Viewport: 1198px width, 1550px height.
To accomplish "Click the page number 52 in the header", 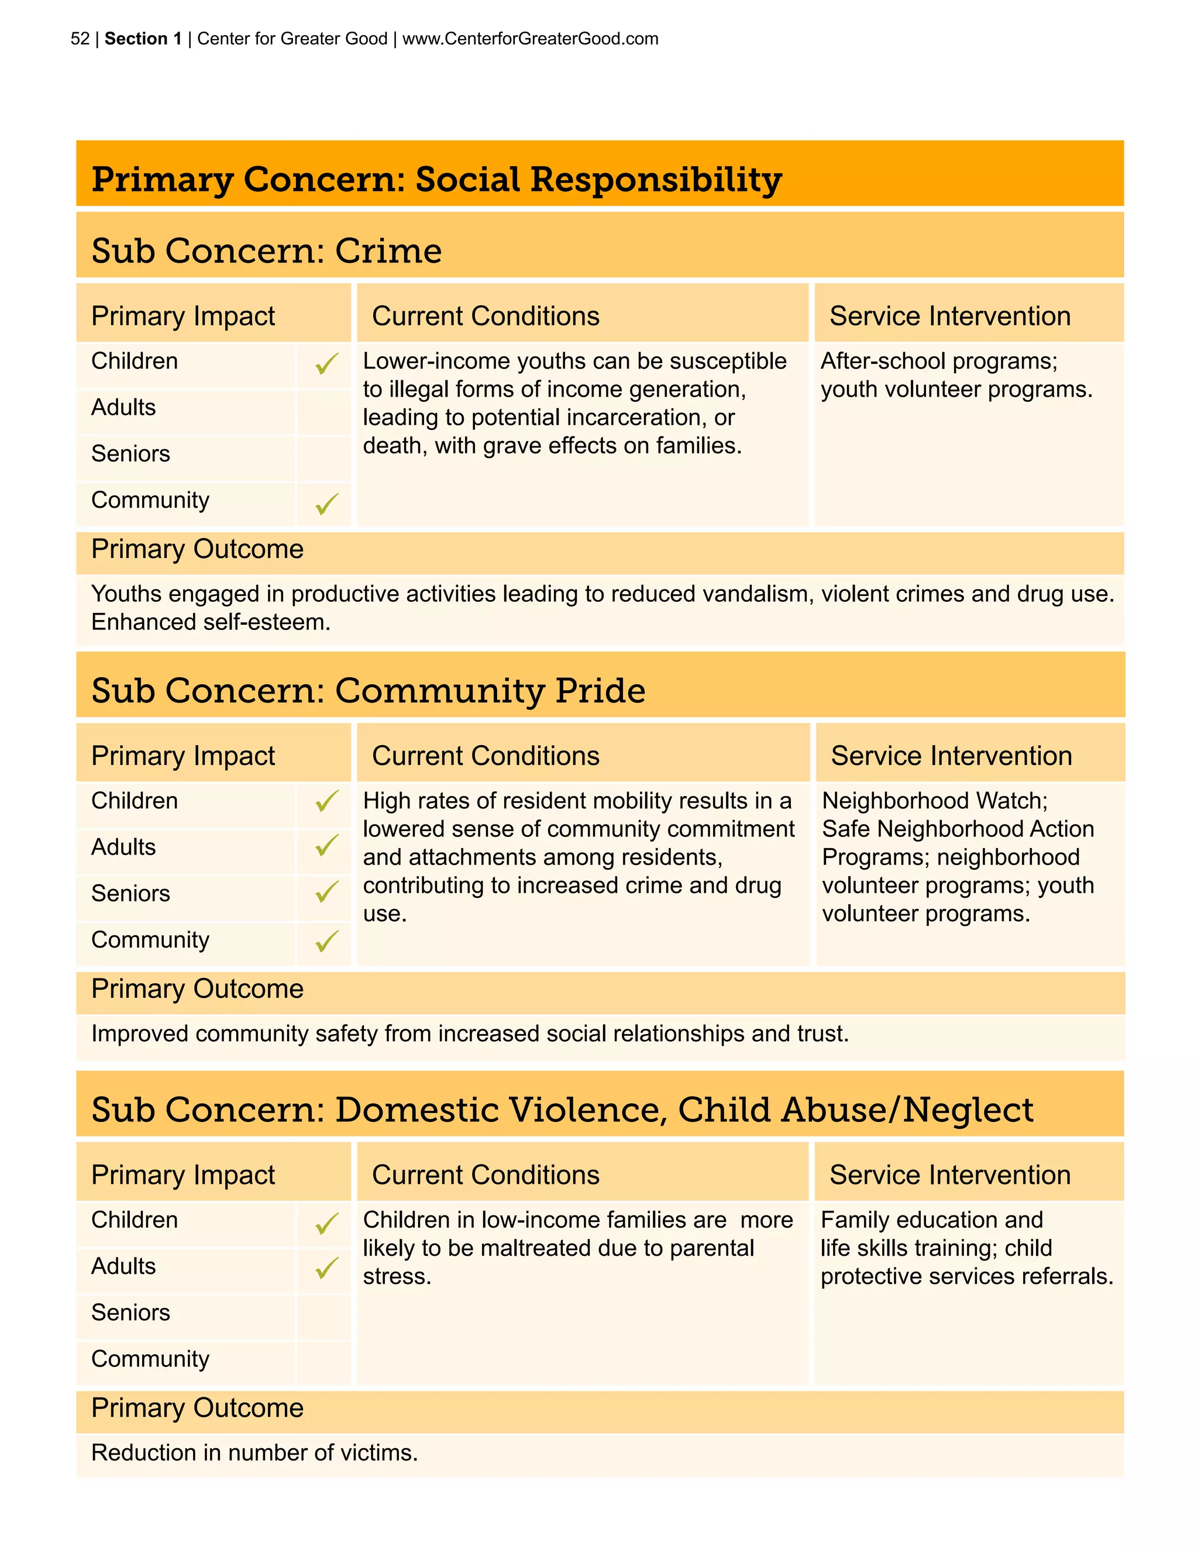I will [80, 39].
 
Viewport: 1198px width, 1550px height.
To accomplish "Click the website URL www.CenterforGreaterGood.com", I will [530, 39].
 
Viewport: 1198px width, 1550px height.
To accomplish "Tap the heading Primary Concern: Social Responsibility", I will [436, 179].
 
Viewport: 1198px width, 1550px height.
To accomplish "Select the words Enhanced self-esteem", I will [210, 622].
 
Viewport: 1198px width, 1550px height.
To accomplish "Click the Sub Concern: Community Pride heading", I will [367, 691].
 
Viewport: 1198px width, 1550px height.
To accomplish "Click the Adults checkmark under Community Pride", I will [326, 845].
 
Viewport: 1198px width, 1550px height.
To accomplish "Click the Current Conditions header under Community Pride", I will [486, 756].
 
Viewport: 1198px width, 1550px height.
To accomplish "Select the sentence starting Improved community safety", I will [469, 1034].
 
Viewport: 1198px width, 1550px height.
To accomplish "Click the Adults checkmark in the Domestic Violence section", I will [326, 1267].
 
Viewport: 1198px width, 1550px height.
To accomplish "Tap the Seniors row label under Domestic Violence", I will [130, 1313].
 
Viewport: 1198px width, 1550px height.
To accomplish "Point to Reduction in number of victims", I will [254, 1453].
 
